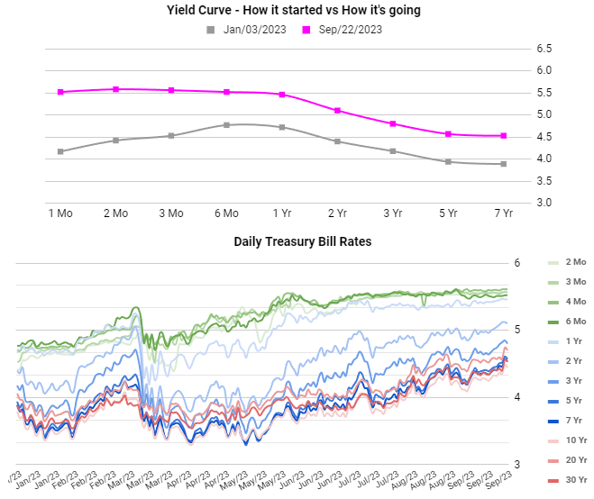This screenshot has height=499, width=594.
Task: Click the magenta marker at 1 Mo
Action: [x=60, y=92]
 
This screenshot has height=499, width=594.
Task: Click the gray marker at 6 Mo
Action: [x=226, y=125]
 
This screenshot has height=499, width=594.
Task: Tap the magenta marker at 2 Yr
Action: [x=337, y=111]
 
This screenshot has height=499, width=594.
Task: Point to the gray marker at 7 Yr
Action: [x=503, y=164]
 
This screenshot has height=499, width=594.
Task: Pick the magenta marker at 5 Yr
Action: [x=448, y=134]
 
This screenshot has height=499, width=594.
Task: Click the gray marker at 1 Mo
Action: [x=60, y=151]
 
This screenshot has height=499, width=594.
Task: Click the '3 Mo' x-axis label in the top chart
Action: [x=170, y=213]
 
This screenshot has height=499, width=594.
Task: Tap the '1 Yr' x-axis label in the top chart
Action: [x=282, y=213]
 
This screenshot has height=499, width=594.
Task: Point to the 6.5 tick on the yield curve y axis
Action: [x=544, y=49]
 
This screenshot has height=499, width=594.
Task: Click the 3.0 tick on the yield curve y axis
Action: [x=544, y=203]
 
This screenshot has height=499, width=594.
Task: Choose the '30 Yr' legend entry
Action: [x=575, y=479]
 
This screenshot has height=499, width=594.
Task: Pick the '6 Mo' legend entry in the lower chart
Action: [x=575, y=322]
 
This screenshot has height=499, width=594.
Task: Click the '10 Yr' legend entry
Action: [x=575, y=440]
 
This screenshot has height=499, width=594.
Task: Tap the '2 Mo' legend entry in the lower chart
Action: [x=575, y=262]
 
